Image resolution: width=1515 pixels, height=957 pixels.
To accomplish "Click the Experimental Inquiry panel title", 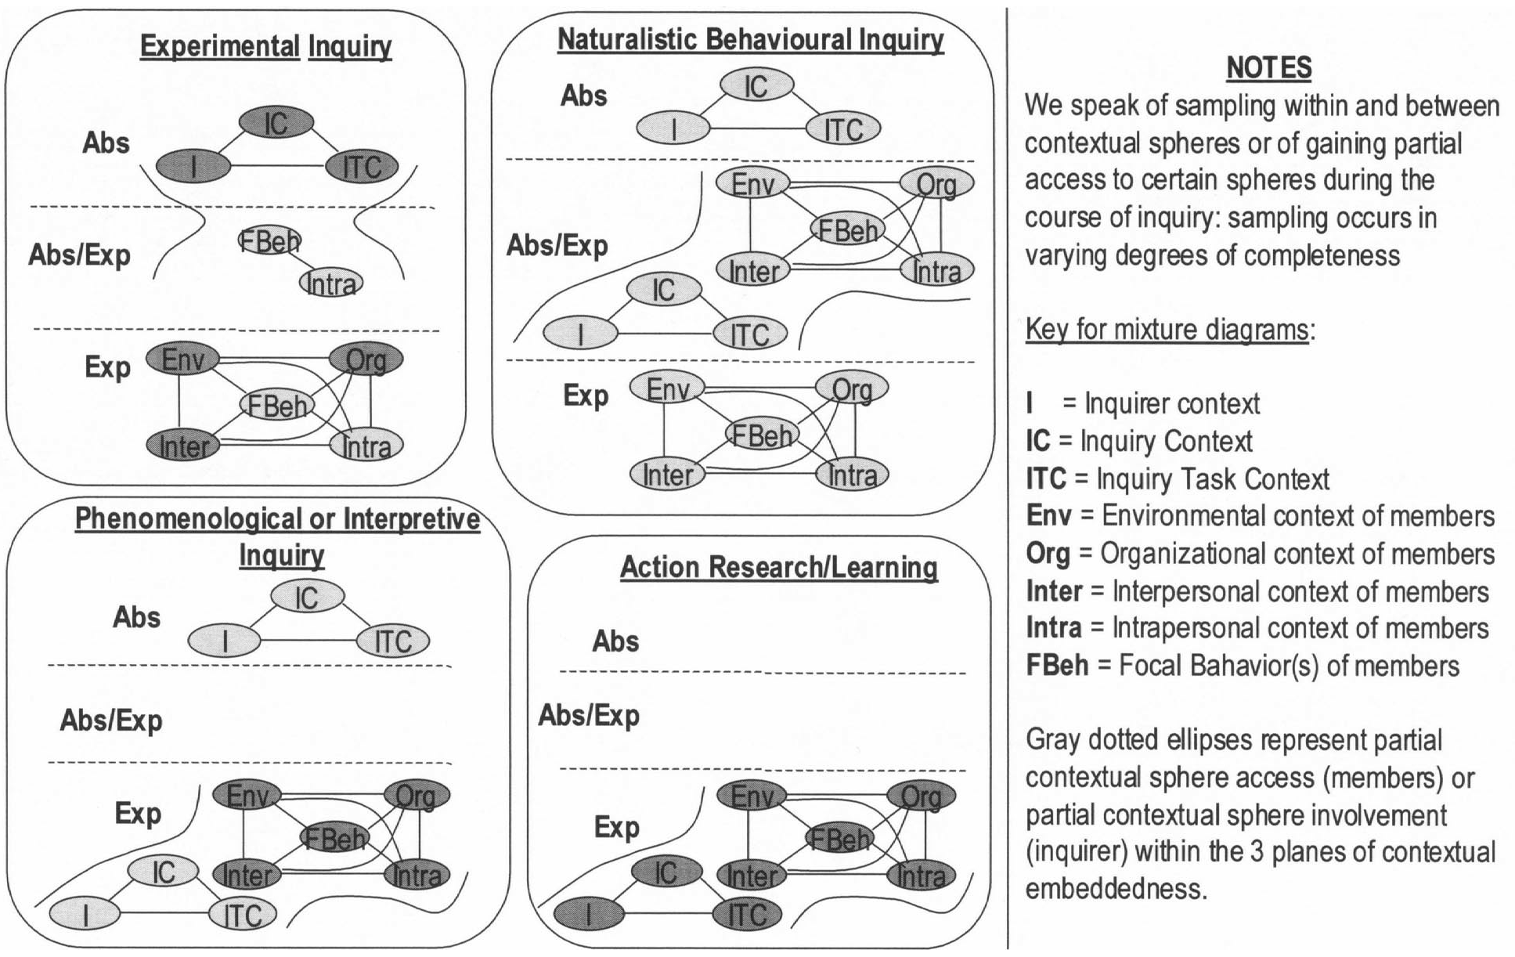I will (265, 47).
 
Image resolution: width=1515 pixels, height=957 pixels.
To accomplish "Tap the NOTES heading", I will (1268, 68).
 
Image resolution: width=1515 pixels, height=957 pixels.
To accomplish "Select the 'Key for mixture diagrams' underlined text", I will (1167, 330).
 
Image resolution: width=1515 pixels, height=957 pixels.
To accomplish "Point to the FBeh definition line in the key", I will (1243, 666).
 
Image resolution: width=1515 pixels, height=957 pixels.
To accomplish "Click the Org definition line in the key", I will (1260, 554).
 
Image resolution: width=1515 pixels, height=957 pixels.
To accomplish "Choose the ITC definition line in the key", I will (1178, 479).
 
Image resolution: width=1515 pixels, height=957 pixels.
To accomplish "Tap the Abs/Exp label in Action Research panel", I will (589, 715).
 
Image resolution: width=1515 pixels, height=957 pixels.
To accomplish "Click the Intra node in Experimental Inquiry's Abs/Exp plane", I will (332, 283).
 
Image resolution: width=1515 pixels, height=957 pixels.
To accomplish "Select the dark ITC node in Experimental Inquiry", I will (362, 167).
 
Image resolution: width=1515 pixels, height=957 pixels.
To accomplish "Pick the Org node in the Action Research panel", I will (921, 796).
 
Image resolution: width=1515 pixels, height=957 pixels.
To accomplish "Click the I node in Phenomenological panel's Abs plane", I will (224, 641).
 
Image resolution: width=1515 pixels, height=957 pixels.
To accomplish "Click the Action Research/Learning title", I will (778, 567).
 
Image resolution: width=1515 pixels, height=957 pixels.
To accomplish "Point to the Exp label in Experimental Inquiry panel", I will (107, 367).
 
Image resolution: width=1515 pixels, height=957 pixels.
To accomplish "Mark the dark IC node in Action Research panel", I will (666, 872).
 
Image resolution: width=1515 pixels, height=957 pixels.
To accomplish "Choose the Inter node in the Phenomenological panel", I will (247, 875).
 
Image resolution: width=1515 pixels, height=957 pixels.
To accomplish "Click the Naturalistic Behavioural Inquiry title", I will (750, 39).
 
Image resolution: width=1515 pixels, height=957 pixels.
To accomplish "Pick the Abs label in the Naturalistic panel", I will (584, 96).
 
